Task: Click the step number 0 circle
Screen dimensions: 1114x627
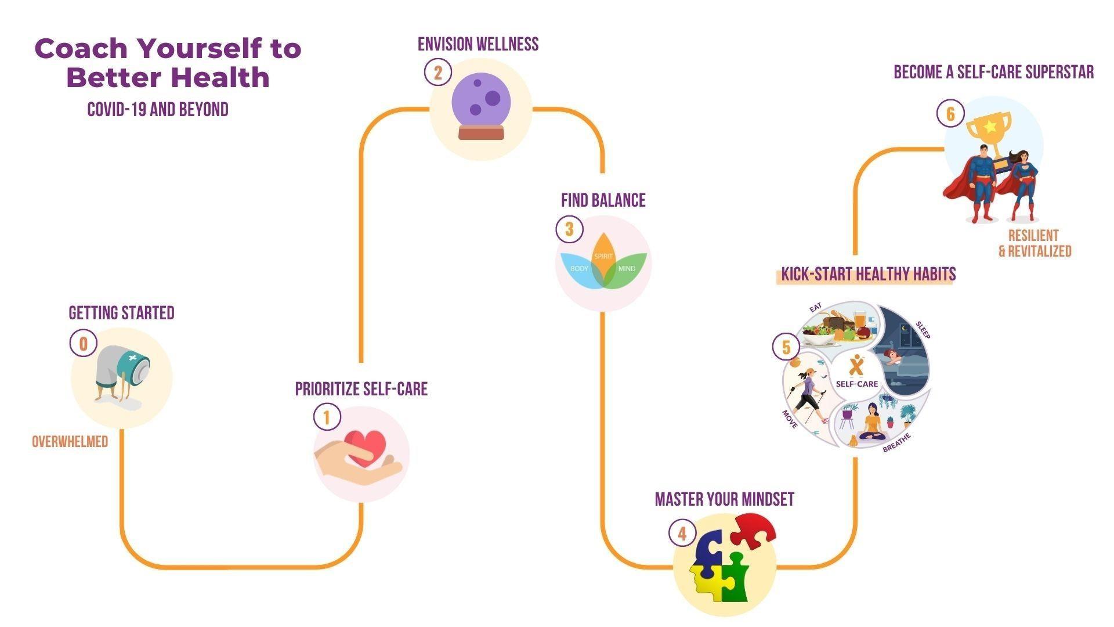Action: click(84, 344)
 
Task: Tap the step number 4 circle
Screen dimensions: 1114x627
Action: click(682, 533)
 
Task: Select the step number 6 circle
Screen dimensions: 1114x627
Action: click(950, 113)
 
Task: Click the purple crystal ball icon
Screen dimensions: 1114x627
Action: click(481, 107)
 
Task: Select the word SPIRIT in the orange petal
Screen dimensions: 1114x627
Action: click(603, 256)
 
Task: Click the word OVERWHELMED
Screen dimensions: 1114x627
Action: click(70, 442)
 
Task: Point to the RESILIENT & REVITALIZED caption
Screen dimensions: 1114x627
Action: click(1035, 243)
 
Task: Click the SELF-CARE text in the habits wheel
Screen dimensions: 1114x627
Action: click(856, 384)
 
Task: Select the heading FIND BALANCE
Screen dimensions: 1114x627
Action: click(603, 200)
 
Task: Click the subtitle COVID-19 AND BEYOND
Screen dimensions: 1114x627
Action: click(158, 109)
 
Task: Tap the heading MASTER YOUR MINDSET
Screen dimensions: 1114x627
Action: click(724, 499)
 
